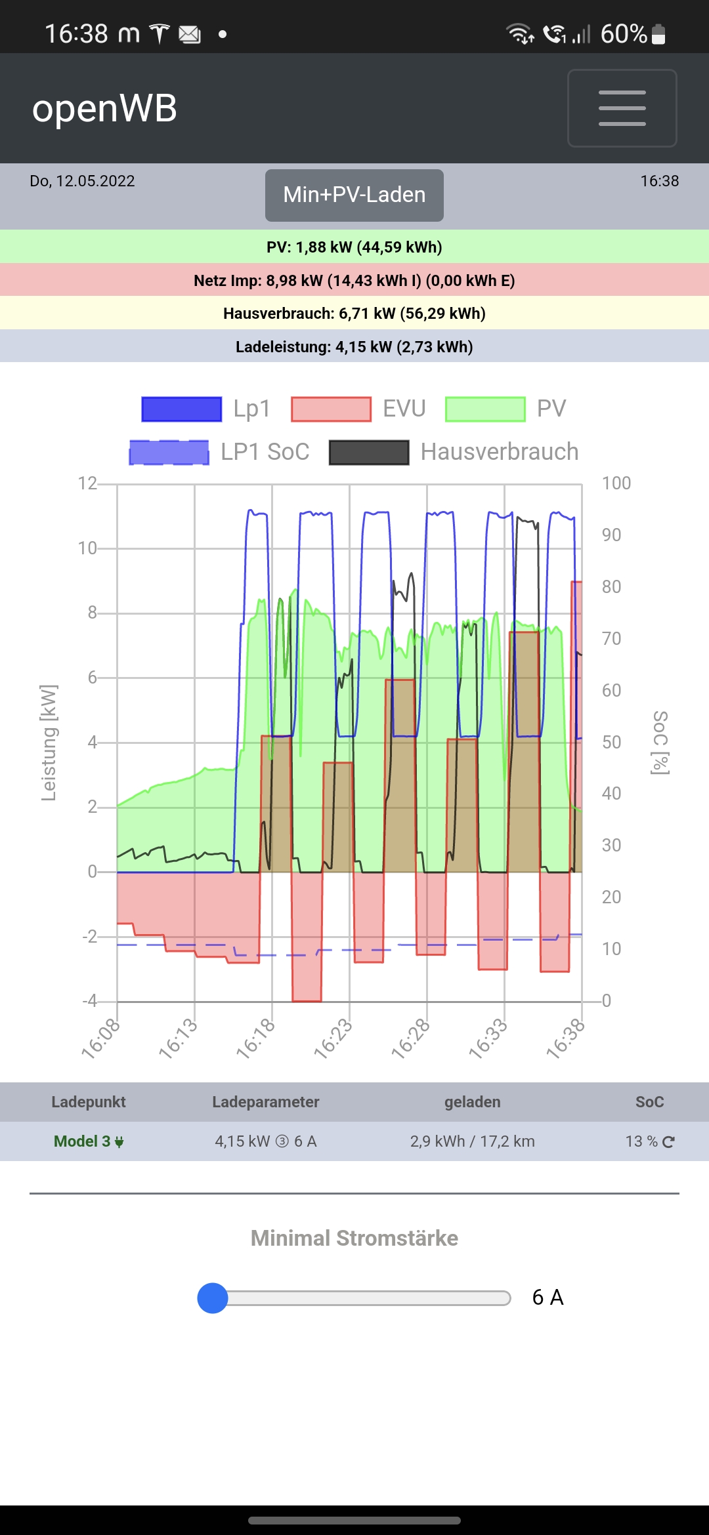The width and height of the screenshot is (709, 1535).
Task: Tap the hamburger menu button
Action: [x=622, y=108]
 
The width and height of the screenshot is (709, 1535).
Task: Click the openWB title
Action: [x=105, y=108]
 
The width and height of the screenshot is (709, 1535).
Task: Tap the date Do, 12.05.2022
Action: [x=82, y=181]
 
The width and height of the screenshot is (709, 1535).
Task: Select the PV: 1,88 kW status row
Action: [x=354, y=247]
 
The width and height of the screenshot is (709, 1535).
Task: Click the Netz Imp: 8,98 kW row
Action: [x=354, y=281]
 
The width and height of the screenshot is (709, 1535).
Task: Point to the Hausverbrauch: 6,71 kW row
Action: [x=354, y=314]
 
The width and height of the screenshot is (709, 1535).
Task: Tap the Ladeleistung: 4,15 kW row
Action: [x=354, y=347]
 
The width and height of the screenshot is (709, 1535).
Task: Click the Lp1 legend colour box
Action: [x=182, y=409]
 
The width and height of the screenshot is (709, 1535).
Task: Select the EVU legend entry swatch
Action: [x=331, y=409]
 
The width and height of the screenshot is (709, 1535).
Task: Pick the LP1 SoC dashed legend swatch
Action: [x=169, y=453]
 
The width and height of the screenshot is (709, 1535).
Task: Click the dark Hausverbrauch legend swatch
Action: [x=369, y=453]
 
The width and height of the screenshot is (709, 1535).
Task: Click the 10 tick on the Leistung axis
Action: [x=87, y=548]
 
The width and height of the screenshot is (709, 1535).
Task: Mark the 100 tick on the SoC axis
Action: [x=616, y=483]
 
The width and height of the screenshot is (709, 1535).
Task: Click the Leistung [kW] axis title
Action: [x=49, y=743]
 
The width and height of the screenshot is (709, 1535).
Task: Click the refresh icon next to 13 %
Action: [x=668, y=1142]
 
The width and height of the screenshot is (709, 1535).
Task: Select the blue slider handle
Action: [x=213, y=1298]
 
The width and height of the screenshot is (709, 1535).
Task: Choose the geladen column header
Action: [x=472, y=1102]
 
